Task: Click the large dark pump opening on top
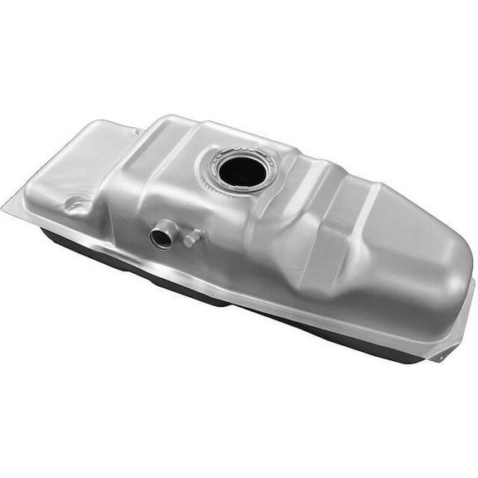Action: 242,171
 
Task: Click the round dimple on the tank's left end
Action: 75,204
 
